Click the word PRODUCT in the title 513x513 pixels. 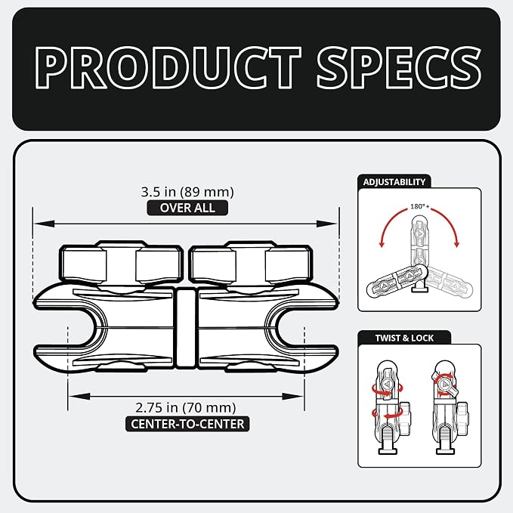tap(168, 67)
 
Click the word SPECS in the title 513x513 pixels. tap(399, 67)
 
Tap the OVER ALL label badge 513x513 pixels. tap(187, 208)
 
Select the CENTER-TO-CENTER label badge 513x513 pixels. tap(187, 424)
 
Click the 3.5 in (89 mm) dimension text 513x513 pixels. tap(187, 192)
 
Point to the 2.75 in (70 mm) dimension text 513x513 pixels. tap(186, 408)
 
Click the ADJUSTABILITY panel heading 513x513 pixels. tap(394, 182)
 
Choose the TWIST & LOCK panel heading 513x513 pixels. tap(404, 338)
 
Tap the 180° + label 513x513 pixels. tap(420, 207)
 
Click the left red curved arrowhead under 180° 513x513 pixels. tap(381, 244)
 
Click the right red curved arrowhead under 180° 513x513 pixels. tap(457, 244)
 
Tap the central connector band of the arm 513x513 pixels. tap(186, 327)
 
